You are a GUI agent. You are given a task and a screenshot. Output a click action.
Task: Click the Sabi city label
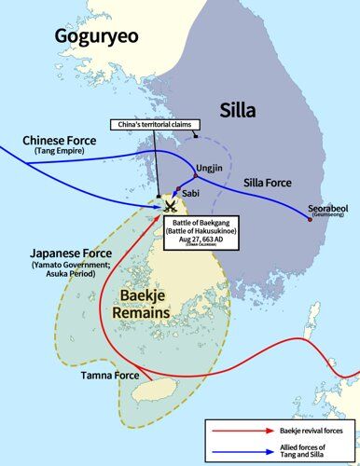point(189,192)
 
